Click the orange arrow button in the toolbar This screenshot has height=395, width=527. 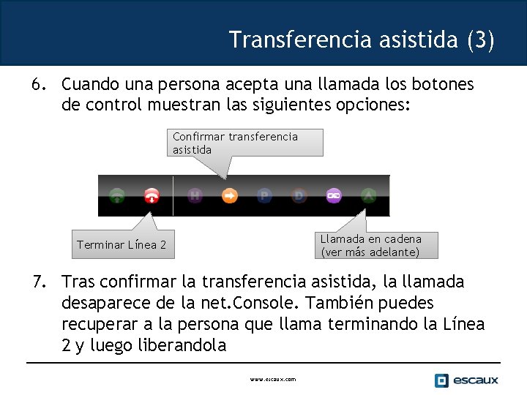click(230, 195)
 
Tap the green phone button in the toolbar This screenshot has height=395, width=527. click(117, 195)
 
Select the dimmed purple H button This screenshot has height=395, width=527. click(195, 195)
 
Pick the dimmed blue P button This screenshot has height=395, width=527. click(264, 195)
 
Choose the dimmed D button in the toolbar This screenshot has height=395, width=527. click(299, 195)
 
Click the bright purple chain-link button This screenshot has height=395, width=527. click(334, 195)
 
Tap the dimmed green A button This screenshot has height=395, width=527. click(368, 195)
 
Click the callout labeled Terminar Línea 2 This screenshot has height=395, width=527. click(122, 245)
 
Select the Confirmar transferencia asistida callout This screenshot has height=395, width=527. click(235, 143)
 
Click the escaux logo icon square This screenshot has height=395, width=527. click(441, 380)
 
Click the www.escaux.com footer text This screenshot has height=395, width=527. click(272, 380)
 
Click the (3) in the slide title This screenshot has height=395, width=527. click(480, 39)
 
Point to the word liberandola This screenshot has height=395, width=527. click(182, 345)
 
